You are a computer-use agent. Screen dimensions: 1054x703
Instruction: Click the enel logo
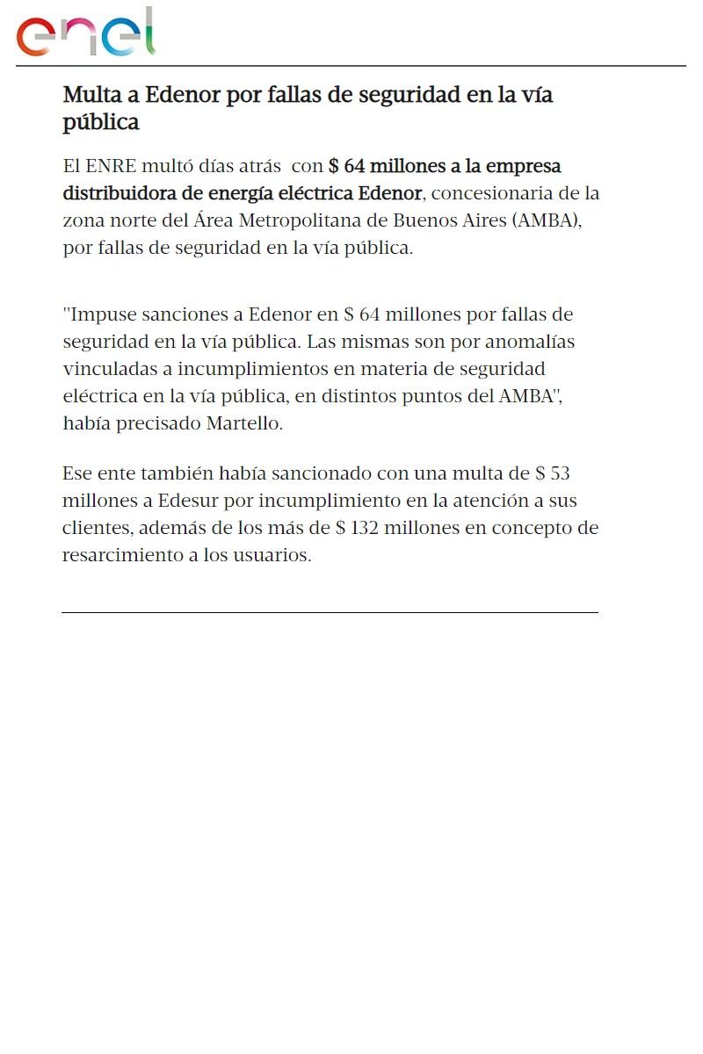click(85, 33)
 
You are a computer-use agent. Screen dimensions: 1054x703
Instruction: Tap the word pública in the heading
click(101, 122)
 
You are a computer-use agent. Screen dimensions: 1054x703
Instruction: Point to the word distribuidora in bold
click(120, 192)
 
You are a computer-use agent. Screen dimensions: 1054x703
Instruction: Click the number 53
click(560, 474)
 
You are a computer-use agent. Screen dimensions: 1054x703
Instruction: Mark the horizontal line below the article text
click(330, 612)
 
